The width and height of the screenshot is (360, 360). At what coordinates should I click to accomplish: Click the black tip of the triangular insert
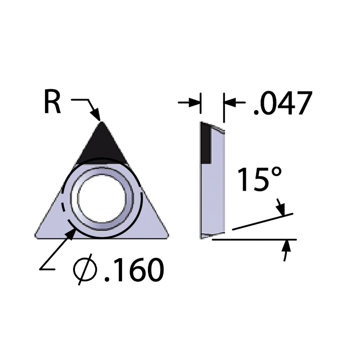point(102,144)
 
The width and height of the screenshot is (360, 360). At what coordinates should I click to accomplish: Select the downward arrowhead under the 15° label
point(281,209)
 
